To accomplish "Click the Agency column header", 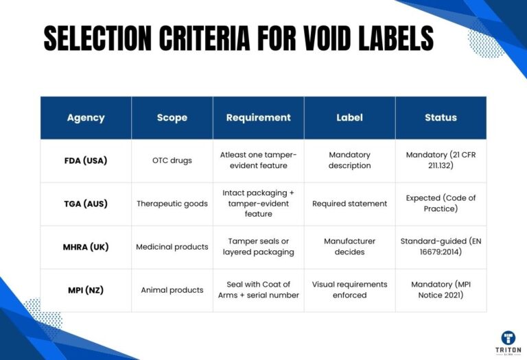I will coord(86,117).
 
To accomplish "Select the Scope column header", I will coord(172,117).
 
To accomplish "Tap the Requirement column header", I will coord(258,117).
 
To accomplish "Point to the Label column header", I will coord(349,117).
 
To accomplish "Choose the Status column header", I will coord(441,117).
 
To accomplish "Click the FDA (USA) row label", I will coord(86,160).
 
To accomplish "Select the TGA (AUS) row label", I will coord(86,204).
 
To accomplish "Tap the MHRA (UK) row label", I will coord(86,247).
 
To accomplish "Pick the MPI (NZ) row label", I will coord(86,290).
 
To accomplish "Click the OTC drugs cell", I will coord(172,160).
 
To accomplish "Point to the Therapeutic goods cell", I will coord(172,204).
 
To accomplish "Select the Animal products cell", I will coord(172,290).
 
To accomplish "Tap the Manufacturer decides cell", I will coord(349,247).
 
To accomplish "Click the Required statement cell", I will coord(349,204).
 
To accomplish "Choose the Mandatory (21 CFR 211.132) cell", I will coord(441,160).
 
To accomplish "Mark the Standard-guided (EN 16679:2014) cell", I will coord(441,247).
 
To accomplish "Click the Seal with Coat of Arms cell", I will coord(258,290).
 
